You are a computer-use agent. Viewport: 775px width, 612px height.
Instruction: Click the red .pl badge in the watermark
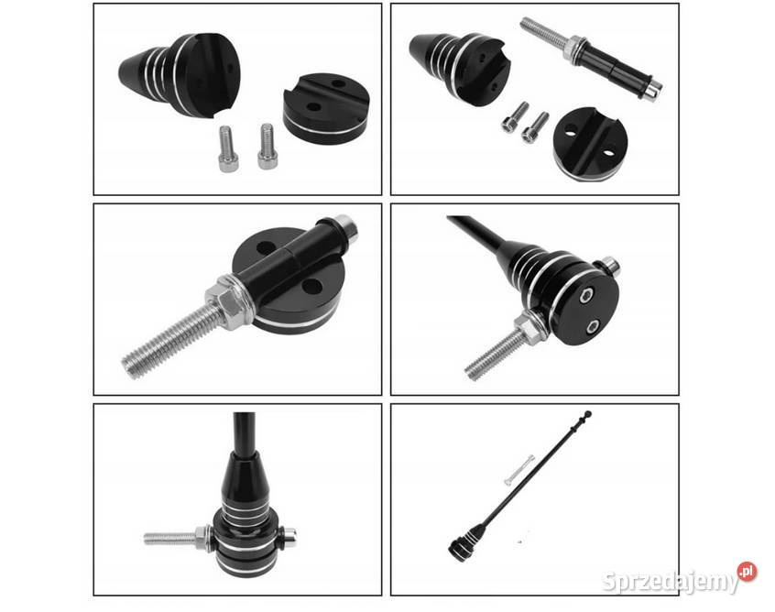(x=747, y=572)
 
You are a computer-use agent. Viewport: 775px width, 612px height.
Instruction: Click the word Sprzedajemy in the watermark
(x=671, y=582)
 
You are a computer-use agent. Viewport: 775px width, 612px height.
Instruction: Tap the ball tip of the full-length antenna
(x=588, y=413)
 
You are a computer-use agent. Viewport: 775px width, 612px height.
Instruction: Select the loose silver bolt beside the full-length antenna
(x=519, y=470)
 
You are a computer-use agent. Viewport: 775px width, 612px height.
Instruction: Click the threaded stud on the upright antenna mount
(x=170, y=538)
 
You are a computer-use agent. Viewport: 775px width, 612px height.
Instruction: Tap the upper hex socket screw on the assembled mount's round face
(x=586, y=296)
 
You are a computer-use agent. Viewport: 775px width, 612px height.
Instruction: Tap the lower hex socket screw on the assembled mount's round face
(x=592, y=326)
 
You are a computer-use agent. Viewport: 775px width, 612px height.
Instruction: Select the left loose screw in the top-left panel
(x=227, y=148)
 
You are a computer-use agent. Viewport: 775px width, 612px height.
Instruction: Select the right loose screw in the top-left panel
(x=267, y=146)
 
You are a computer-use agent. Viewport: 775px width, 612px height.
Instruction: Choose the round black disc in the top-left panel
(x=326, y=109)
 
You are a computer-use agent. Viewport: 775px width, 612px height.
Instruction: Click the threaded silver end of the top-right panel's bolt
(x=547, y=36)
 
